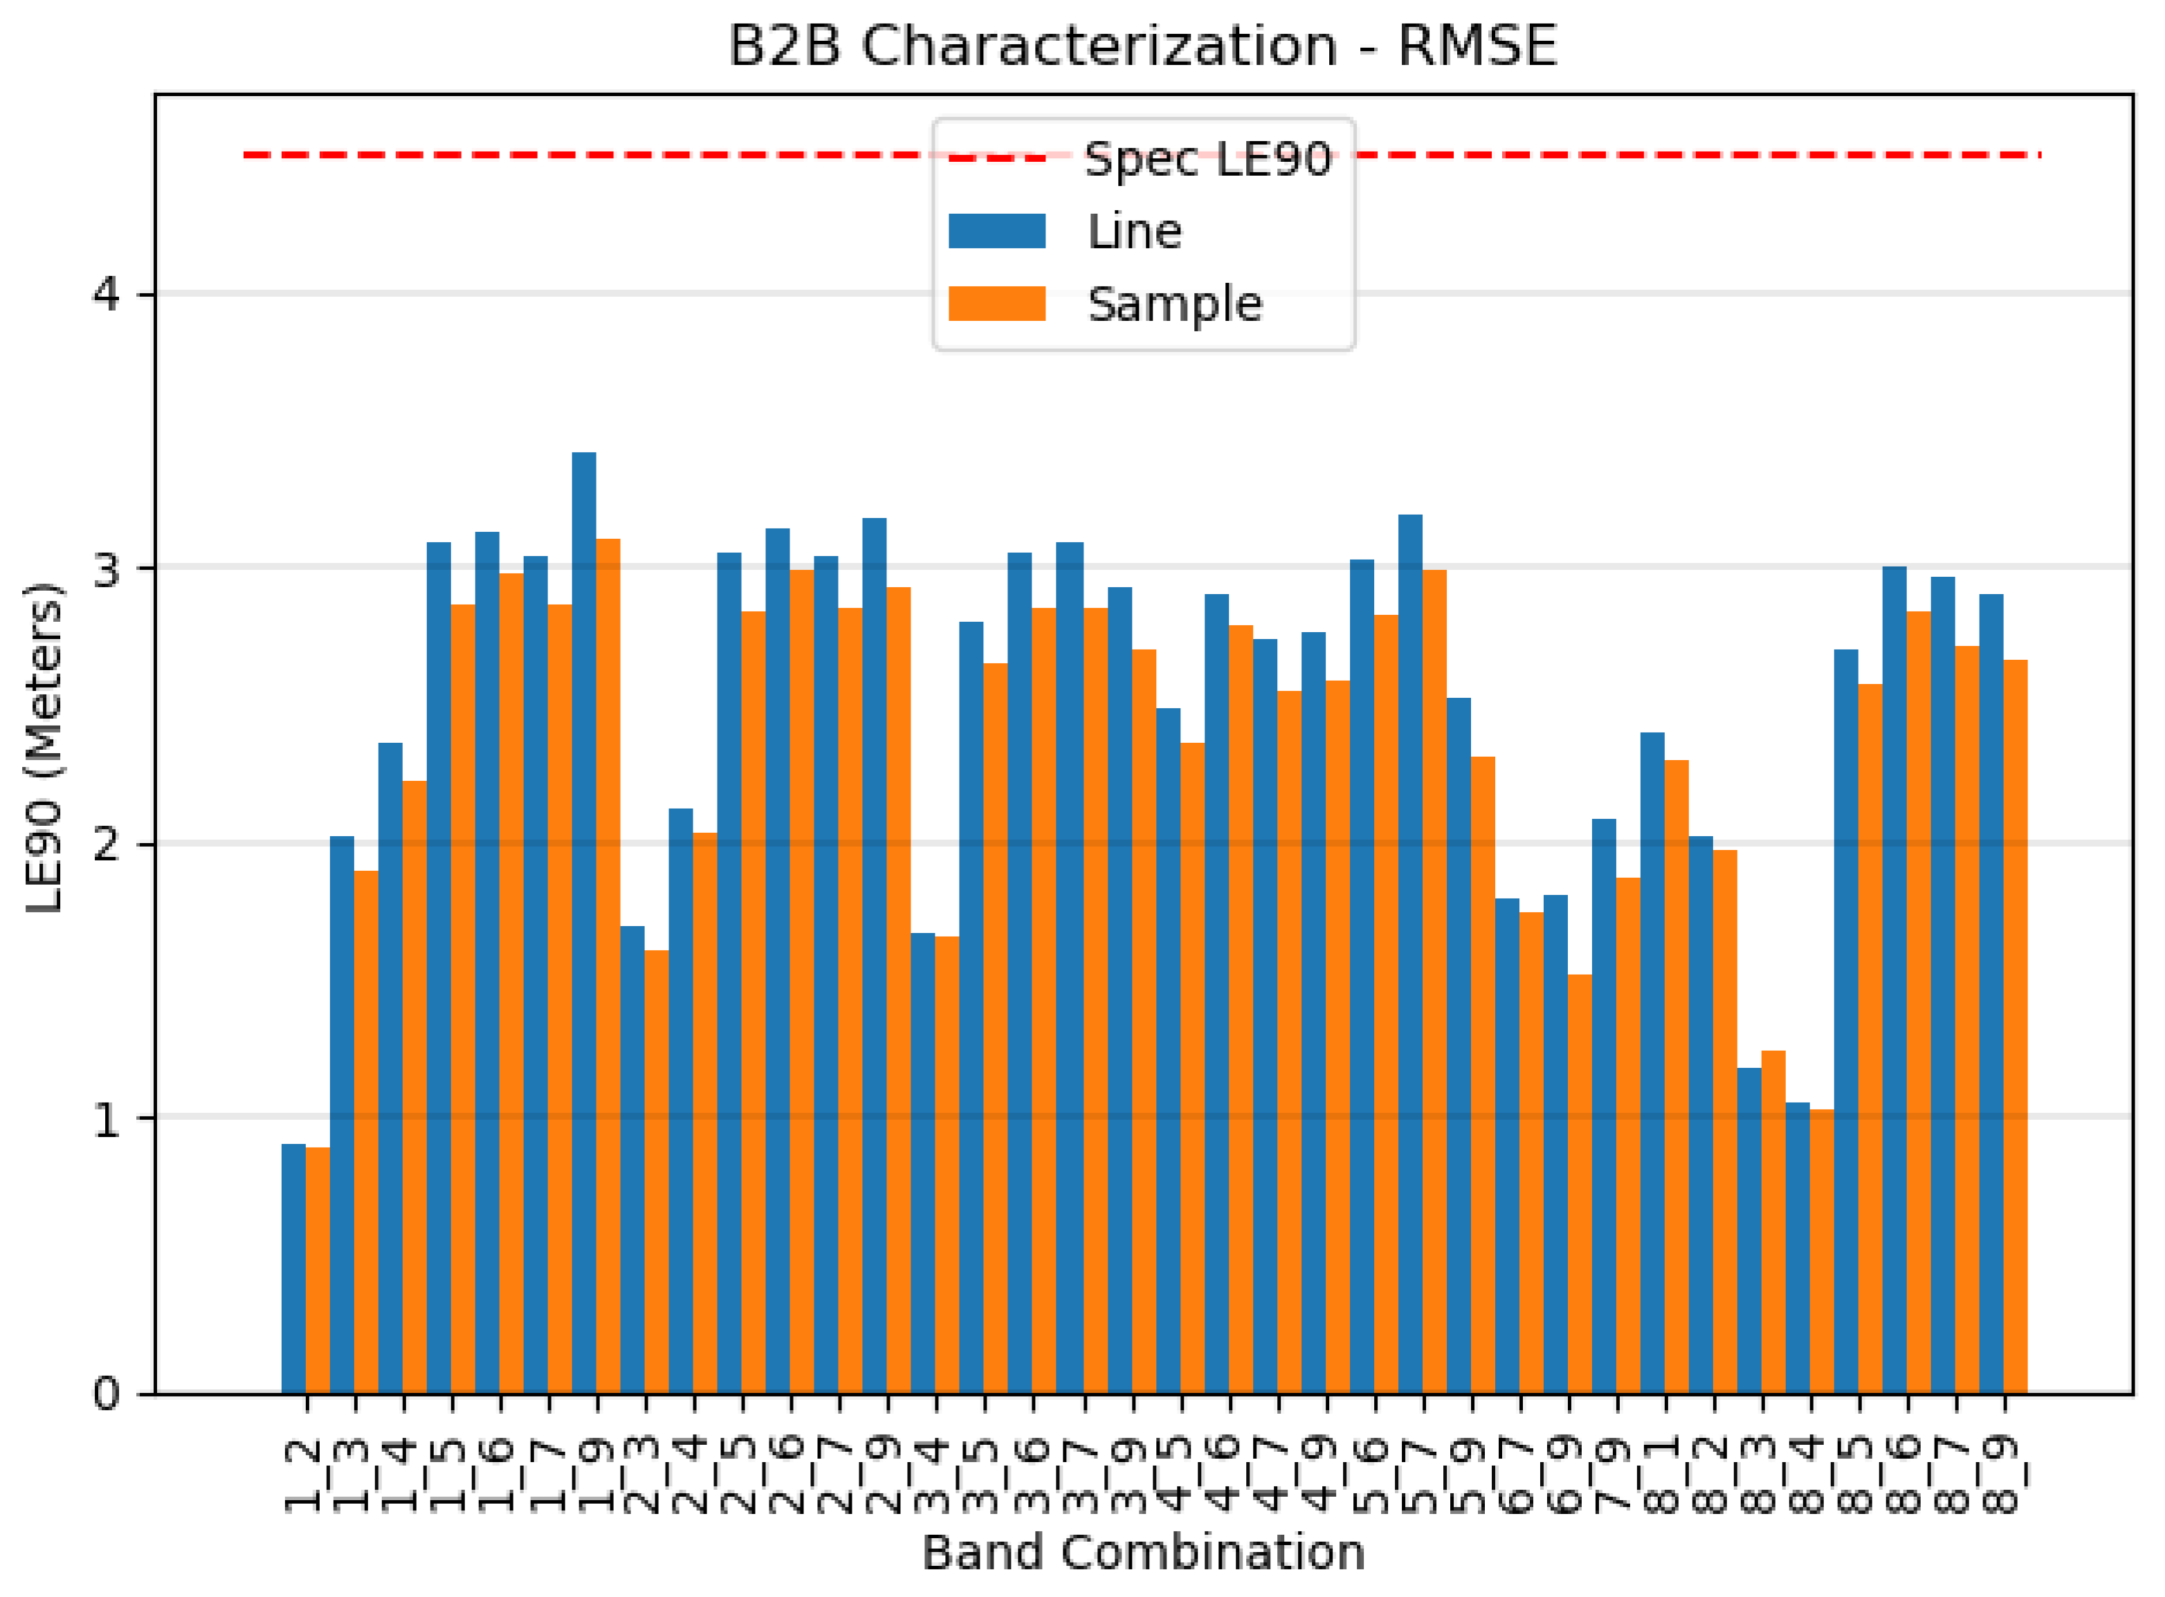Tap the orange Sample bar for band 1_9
tap(608, 967)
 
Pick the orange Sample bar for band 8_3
tap(1773, 1222)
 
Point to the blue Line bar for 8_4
tap(1798, 1247)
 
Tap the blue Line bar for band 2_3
tap(632, 1160)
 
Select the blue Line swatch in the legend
tap(997, 232)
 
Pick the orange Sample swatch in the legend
tap(997, 304)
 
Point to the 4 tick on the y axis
tap(107, 293)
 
